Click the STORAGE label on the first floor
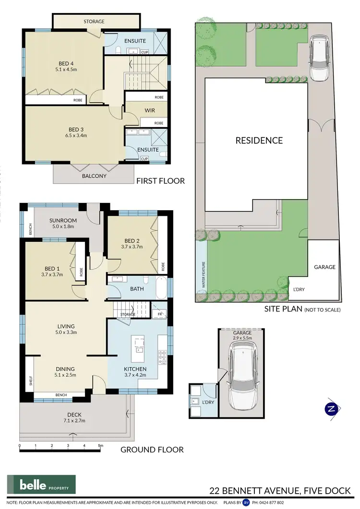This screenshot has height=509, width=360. (x=94, y=22)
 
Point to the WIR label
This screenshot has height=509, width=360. (x=150, y=110)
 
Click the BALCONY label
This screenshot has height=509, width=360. (x=94, y=176)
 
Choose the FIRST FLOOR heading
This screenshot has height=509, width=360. (x=160, y=181)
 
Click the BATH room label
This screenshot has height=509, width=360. (x=137, y=289)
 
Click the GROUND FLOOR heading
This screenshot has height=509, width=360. (x=152, y=450)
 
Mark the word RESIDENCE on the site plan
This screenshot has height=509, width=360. (x=259, y=141)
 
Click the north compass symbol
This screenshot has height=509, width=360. (x=330, y=409)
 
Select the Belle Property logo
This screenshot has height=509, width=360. (x=41, y=484)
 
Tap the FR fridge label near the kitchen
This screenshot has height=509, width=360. (x=159, y=314)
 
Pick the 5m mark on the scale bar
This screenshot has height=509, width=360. (x=100, y=446)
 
